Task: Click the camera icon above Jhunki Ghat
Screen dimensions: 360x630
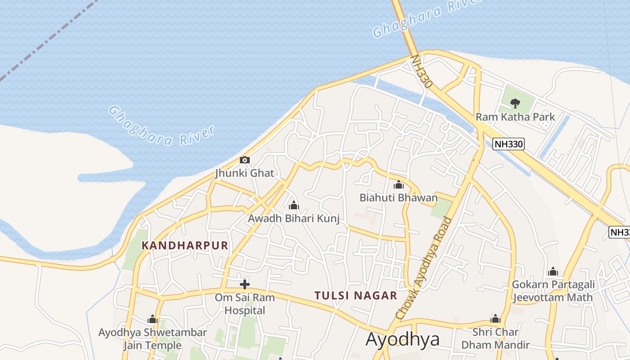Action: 245,160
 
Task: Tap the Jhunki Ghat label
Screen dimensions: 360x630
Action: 244,173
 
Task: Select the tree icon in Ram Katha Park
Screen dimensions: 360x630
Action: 515,103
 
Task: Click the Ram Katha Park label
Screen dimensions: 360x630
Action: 515,117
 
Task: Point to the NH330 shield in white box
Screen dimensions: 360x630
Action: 508,144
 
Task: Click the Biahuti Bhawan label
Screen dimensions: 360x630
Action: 398,198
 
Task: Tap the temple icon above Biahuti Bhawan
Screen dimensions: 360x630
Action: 399,184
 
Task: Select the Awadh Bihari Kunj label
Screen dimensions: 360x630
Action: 293,218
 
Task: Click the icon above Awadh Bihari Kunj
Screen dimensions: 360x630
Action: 294,206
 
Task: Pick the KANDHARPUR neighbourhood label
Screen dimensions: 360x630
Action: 185,245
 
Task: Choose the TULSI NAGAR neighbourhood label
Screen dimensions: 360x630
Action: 355,296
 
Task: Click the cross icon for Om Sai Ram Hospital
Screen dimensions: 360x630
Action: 245,284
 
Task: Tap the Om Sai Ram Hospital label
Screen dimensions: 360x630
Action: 245,304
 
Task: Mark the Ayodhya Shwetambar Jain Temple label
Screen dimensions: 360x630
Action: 153,339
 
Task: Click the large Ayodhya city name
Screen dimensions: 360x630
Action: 402,339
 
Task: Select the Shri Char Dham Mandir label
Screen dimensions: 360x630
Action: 495,338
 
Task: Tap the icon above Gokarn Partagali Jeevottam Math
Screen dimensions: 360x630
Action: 553,271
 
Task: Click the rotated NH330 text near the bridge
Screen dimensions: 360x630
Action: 422,72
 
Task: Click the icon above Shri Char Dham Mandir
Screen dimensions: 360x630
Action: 495,319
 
